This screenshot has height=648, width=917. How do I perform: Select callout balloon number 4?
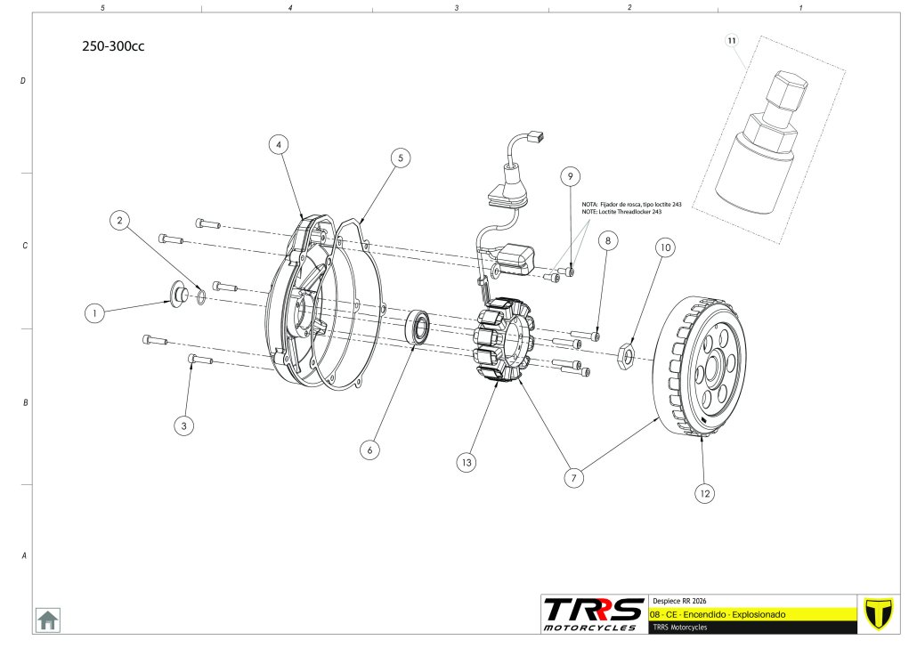click(279, 144)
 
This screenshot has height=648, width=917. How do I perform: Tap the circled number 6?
click(369, 450)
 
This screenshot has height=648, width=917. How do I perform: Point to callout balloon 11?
click(732, 41)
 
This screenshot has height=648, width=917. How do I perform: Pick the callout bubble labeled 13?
click(466, 462)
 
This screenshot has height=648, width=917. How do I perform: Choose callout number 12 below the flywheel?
click(705, 492)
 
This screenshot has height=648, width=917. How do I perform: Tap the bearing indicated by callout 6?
click(419, 327)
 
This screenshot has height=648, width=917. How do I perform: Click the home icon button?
click(47, 619)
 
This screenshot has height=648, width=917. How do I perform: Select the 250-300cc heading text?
click(112, 47)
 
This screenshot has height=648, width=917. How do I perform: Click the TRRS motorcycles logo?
click(594, 613)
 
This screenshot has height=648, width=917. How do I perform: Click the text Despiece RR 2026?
click(681, 601)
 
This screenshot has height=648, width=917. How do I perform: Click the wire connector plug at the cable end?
click(536, 137)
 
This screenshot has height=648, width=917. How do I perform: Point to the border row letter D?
click(23, 81)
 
